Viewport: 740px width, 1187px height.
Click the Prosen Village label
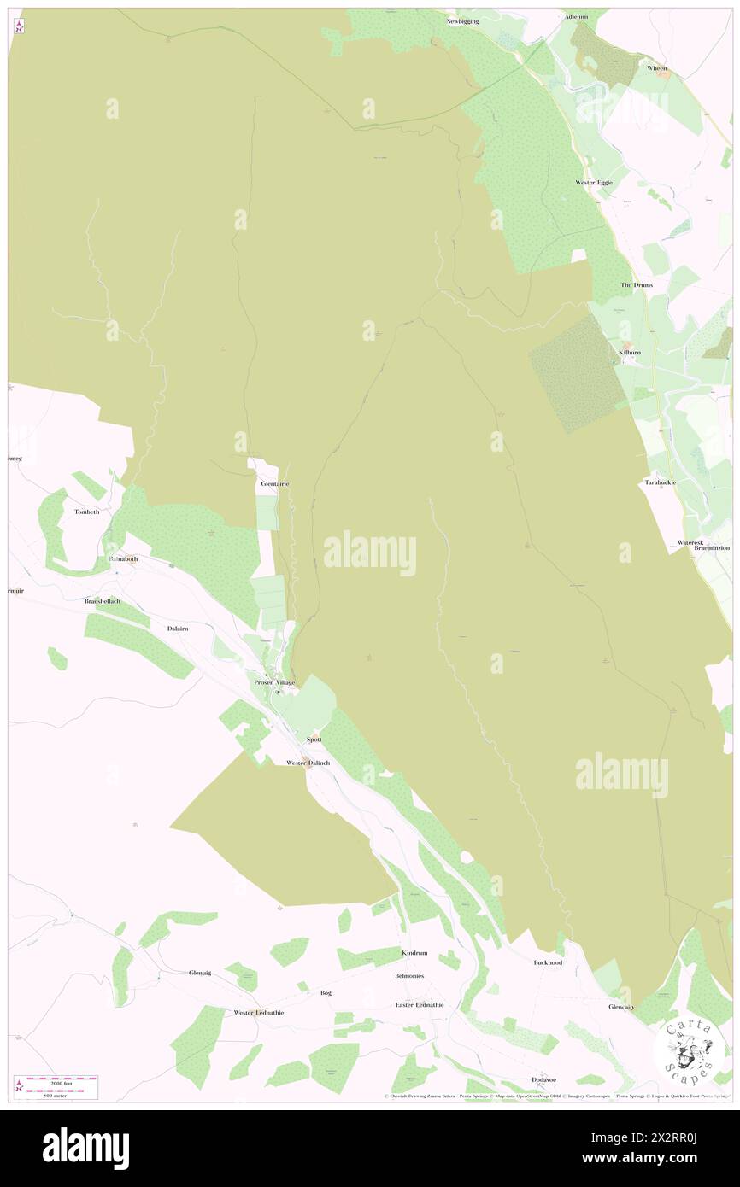(273, 682)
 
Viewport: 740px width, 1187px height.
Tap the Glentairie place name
(274, 483)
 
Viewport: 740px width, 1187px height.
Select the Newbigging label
(462, 20)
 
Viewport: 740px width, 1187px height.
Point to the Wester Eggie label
(593, 183)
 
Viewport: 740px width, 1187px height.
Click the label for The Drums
(635, 284)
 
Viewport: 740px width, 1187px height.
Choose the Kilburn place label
(630, 352)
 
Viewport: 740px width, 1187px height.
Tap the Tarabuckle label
(661, 482)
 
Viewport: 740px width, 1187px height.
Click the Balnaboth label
(123, 558)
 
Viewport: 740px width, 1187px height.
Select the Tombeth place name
(87, 512)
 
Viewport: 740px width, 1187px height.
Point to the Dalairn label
(176, 627)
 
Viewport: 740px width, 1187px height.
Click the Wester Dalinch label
(308, 762)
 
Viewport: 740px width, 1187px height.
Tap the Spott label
(314, 739)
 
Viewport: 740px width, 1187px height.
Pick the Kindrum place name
(414, 952)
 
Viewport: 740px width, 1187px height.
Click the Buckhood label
(548, 962)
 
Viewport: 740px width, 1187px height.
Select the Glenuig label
(199, 972)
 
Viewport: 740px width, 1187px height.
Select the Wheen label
(656, 68)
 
